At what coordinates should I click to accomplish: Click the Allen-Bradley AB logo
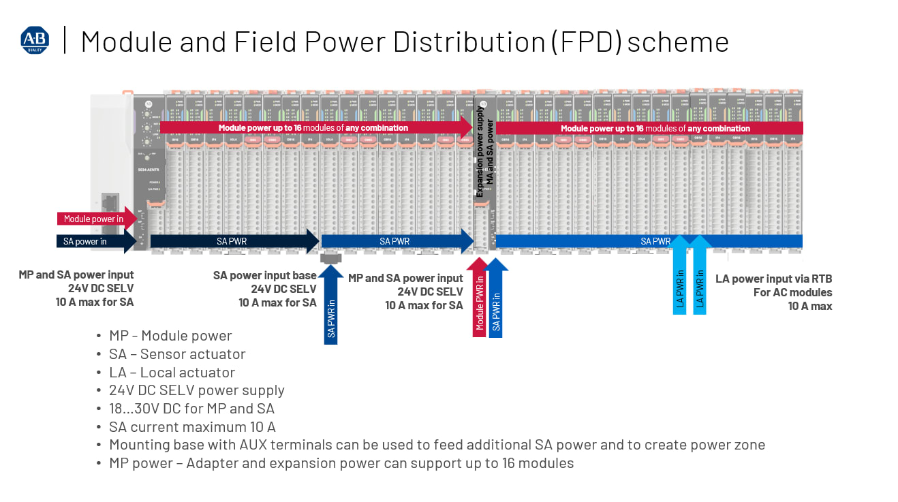click(x=35, y=41)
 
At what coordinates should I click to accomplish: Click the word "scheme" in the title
click(x=678, y=42)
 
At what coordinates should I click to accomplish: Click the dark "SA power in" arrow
click(x=92, y=241)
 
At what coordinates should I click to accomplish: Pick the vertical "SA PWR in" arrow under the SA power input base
click(x=331, y=303)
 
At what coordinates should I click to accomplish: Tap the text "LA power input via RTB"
click(x=773, y=279)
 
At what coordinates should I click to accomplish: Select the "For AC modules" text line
click(x=792, y=292)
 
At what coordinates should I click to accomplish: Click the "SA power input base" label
click(x=264, y=275)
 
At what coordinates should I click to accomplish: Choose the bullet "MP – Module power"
click(x=170, y=336)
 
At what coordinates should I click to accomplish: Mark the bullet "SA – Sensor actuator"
click(x=177, y=354)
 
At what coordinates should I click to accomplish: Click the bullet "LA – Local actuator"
click(x=172, y=373)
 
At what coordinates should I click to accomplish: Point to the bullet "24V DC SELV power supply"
click(x=196, y=390)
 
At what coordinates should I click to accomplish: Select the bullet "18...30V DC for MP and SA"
click(x=191, y=409)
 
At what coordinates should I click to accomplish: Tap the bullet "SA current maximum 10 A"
click(x=192, y=427)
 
